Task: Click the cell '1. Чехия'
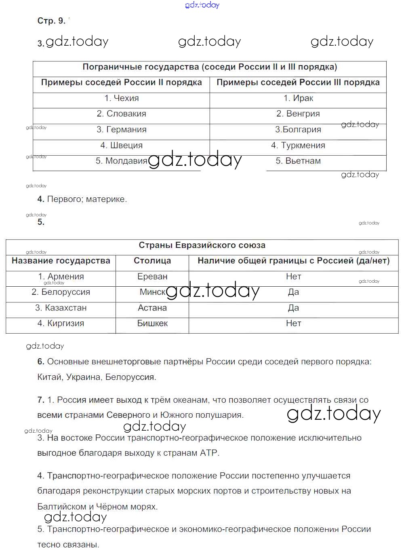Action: (121, 98)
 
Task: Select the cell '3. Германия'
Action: (121, 130)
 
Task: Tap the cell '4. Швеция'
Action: (121, 146)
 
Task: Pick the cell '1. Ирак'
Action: (298, 98)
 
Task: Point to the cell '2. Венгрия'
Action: (298, 114)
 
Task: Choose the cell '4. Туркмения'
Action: (298, 146)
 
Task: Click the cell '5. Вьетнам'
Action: (298, 161)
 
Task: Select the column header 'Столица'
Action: (152, 261)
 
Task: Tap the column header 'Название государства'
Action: (61, 261)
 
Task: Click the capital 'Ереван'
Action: (152, 277)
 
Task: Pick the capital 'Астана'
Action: (152, 308)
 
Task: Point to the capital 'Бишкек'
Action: (152, 324)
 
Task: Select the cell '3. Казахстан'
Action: (61, 308)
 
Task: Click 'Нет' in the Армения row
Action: (294, 277)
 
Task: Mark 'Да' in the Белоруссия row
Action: (294, 292)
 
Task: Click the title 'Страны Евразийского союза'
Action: (202, 245)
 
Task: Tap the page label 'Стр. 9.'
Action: (51, 21)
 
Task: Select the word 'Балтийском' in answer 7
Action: (61, 507)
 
